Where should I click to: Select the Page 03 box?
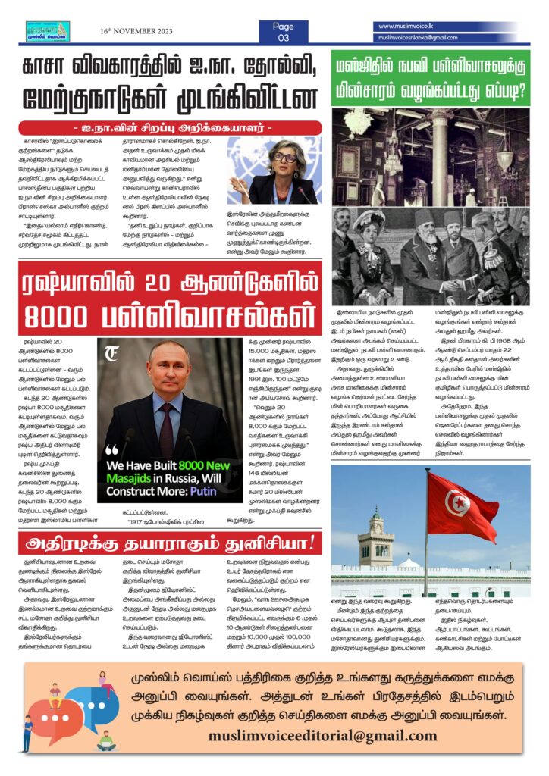[283, 31]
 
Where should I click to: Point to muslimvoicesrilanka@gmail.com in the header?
[418, 37]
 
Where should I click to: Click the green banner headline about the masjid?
[430, 78]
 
